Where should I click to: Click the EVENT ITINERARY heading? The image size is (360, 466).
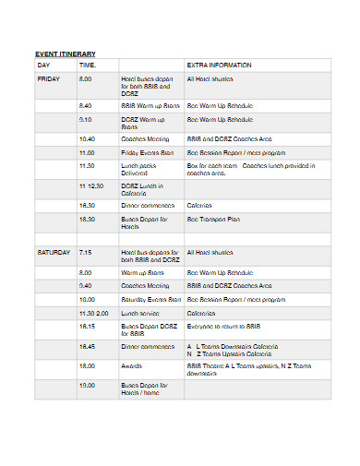click(x=66, y=54)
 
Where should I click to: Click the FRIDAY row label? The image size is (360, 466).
click(x=48, y=80)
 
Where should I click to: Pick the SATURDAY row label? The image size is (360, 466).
click(x=53, y=252)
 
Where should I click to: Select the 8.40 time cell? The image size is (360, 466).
click(x=86, y=106)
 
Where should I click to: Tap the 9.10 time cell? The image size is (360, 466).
click(x=86, y=120)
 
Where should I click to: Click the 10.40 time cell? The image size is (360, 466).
click(x=88, y=137)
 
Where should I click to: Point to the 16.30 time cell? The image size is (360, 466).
click(x=88, y=205)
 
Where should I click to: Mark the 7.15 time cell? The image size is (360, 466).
click(x=86, y=252)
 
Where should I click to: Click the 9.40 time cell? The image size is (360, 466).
click(x=86, y=286)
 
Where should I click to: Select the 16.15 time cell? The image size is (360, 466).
click(x=88, y=326)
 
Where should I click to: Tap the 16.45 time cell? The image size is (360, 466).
click(x=88, y=346)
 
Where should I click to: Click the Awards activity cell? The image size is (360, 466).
click(x=132, y=365)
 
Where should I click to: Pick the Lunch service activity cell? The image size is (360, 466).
click(x=140, y=313)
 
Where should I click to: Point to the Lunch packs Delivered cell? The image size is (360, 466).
click(x=141, y=168)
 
